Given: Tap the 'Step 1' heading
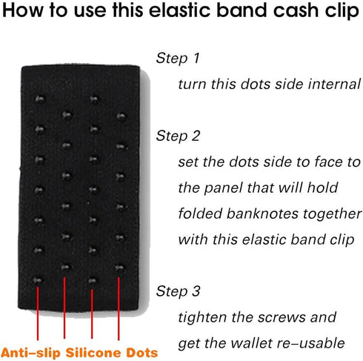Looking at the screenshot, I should pyautogui.click(x=179, y=58).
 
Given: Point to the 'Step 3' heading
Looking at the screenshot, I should pyautogui.click(x=179, y=290).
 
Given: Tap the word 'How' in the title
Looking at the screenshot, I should pyautogui.click(x=27, y=13).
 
